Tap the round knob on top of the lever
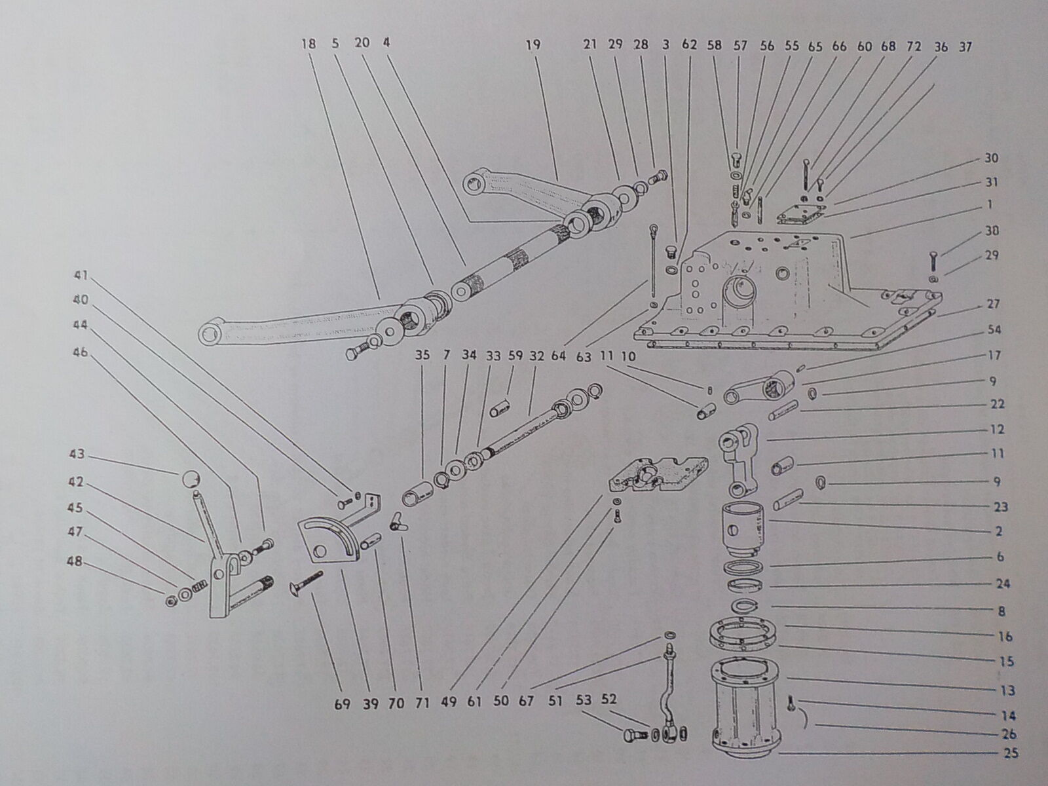coord(188,479)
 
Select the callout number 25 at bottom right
coord(1010,753)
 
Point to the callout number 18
coord(309,45)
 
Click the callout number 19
coord(533,45)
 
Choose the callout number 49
coord(447,704)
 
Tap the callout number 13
coord(1007,690)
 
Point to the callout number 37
coord(965,47)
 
